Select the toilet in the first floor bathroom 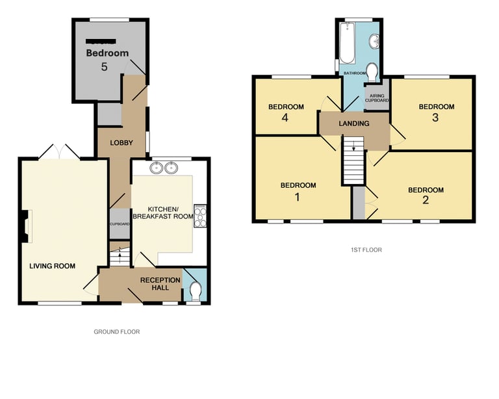(372, 70)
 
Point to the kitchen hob (201, 216)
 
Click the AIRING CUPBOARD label (377, 98)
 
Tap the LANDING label (353, 123)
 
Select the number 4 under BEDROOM (285, 118)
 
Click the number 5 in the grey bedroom (104, 66)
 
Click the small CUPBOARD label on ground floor (120, 224)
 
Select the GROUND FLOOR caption (117, 331)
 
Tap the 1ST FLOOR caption (365, 250)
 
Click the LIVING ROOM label (52, 266)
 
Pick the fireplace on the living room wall (25, 227)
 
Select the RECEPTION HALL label (160, 285)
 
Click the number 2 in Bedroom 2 (426, 201)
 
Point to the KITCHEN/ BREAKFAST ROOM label (163, 212)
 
